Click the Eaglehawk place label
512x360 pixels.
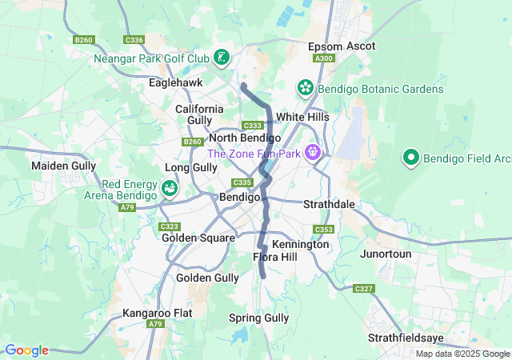tap(175, 82)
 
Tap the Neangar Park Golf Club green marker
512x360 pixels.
tap(221, 58)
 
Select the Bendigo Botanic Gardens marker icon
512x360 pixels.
tap(305, 87)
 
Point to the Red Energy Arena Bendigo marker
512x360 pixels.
tap(170, 188)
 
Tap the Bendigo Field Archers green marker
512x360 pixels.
tap(411, 158)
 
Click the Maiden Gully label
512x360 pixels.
tap(62, 166)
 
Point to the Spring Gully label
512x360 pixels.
tap(258, 318)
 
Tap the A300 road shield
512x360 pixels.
tap(324, 58)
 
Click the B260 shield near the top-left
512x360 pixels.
tap(83, 39)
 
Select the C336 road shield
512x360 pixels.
tap(134, 39)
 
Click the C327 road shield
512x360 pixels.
tap(364, 288)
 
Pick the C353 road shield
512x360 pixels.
tap(323, 230)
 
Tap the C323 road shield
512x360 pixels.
tap(170, 226)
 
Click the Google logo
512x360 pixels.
tap(26, 350)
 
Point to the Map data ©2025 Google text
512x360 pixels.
tap(462, 354)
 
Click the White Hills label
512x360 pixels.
tap(302, 117)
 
